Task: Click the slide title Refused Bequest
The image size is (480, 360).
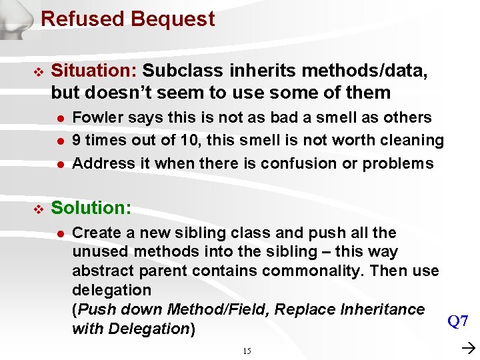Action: coord(127,19)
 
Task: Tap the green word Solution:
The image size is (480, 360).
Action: coord(91,208)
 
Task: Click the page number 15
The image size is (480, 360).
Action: coord(247,351)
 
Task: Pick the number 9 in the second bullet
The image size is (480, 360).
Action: coord(77,140)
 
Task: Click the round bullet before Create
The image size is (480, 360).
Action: coord(59,233)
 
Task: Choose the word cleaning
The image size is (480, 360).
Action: coord(414,140)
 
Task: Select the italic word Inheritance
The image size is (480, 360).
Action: coord(382,309)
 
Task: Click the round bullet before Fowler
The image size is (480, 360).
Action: coord(59,118)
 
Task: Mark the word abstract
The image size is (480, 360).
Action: coord(102,271)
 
